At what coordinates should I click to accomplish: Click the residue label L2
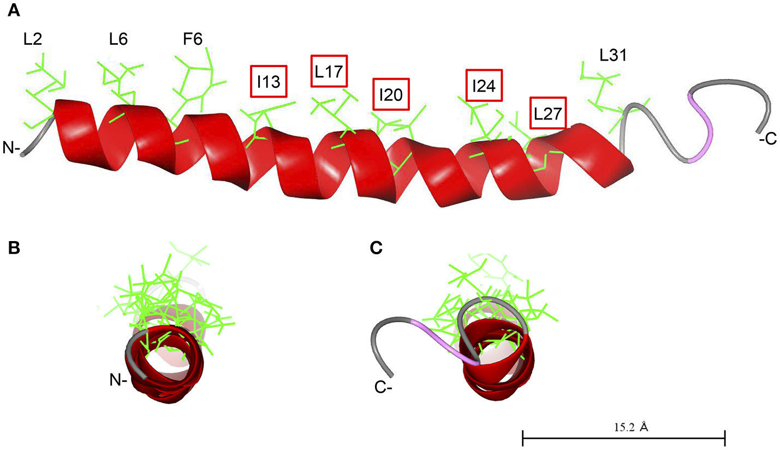tap(33, 39)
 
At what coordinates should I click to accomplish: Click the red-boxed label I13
tap(268, 82)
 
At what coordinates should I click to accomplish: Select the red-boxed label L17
tap(329, 71)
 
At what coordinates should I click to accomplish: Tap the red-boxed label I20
tap(390, 95)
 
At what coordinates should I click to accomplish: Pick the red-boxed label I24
tap(484, 86)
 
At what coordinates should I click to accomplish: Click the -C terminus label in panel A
tap(767, 140)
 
